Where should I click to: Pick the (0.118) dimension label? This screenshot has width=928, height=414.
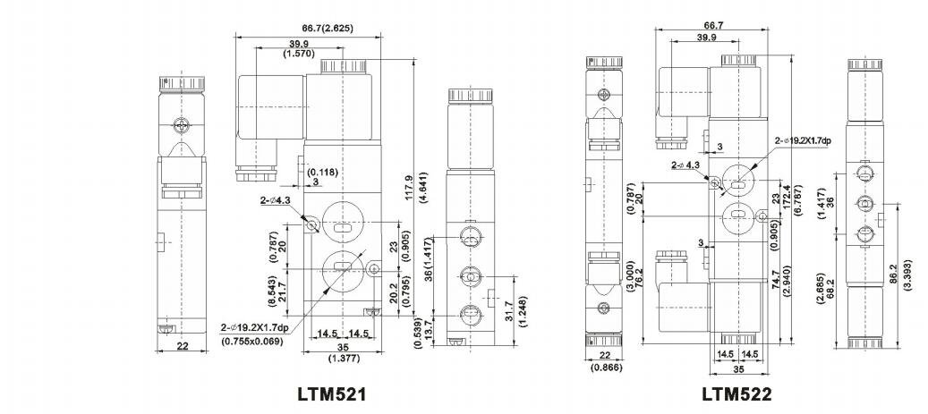320,173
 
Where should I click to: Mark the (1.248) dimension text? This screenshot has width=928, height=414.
524,312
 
